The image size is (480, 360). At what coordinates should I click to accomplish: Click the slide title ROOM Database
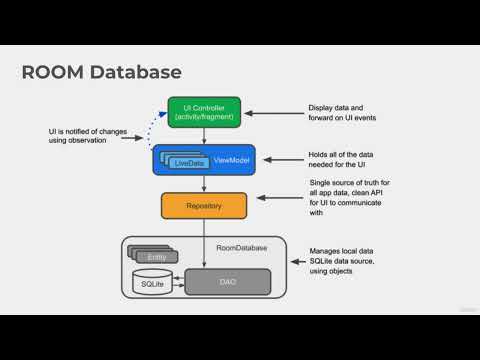pos(102,72)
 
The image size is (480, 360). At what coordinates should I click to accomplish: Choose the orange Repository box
pos(204,206)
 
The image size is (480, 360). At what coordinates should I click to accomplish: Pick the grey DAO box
pos(228,283)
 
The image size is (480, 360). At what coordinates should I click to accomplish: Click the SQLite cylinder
pos(152,283)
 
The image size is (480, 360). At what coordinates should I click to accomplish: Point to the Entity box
pos(156,257)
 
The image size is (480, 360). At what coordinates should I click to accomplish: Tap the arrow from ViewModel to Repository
pos(204,183)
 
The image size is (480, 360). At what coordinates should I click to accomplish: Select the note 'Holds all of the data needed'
pos(345,160)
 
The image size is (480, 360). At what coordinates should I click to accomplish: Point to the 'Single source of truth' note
pos(346,198)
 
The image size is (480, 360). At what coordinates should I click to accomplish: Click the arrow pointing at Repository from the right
pos(274,206)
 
